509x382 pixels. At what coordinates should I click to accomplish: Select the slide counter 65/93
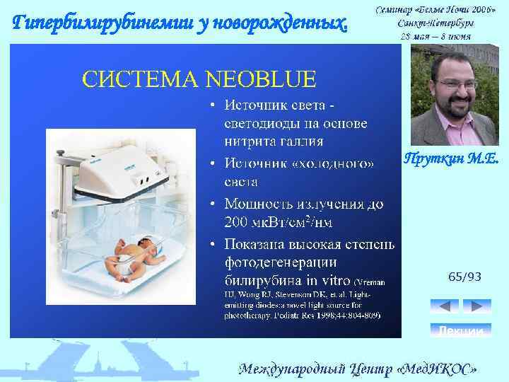pos(464,277)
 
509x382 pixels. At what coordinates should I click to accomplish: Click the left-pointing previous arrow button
pos(445,306)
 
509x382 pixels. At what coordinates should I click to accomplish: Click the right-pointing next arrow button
pos(476,306)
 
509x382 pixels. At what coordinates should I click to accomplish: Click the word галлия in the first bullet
pos(296,141)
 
